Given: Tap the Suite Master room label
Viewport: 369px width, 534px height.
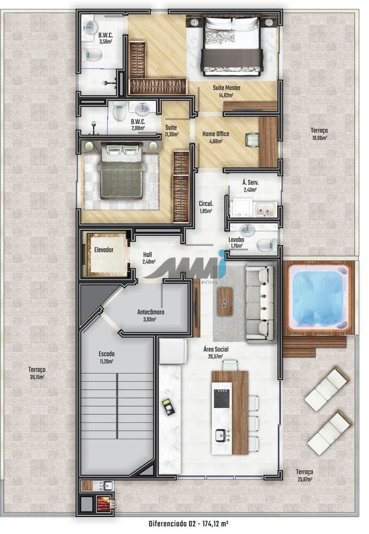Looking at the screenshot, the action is (226, 88).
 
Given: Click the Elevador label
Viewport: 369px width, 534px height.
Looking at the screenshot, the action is (104, 249).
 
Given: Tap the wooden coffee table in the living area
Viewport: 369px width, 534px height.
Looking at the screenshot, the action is (225, 301).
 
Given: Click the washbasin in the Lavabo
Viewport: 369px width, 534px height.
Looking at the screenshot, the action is (247, 230).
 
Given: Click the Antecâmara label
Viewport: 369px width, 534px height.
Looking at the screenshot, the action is (151, 312).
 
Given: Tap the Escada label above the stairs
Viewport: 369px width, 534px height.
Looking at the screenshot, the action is (106, 354).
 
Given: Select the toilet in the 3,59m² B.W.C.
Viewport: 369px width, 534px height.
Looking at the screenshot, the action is (92, 55).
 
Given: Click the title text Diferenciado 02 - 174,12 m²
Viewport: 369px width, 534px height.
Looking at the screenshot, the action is (189, 523).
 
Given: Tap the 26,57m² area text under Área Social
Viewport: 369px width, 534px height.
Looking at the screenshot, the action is (216, 356).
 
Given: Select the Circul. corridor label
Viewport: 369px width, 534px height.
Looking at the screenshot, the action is (206, 203).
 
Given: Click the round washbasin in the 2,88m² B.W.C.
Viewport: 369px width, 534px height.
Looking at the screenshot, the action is (142, 109).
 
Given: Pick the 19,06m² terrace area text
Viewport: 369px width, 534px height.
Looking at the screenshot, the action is (319, 138).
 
